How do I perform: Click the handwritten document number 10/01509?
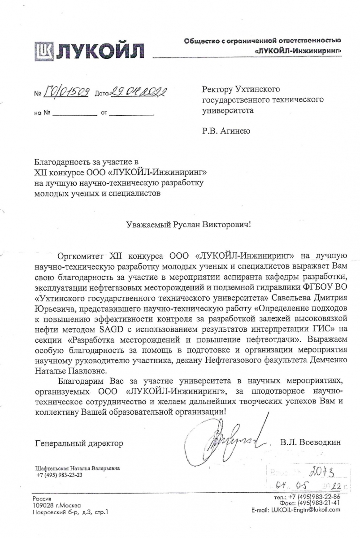68,92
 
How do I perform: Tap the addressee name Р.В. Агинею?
226,131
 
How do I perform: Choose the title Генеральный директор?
78,443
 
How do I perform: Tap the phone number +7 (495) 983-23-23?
60,475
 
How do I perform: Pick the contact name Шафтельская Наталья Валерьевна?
78,469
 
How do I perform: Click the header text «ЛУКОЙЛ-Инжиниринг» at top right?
298,51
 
